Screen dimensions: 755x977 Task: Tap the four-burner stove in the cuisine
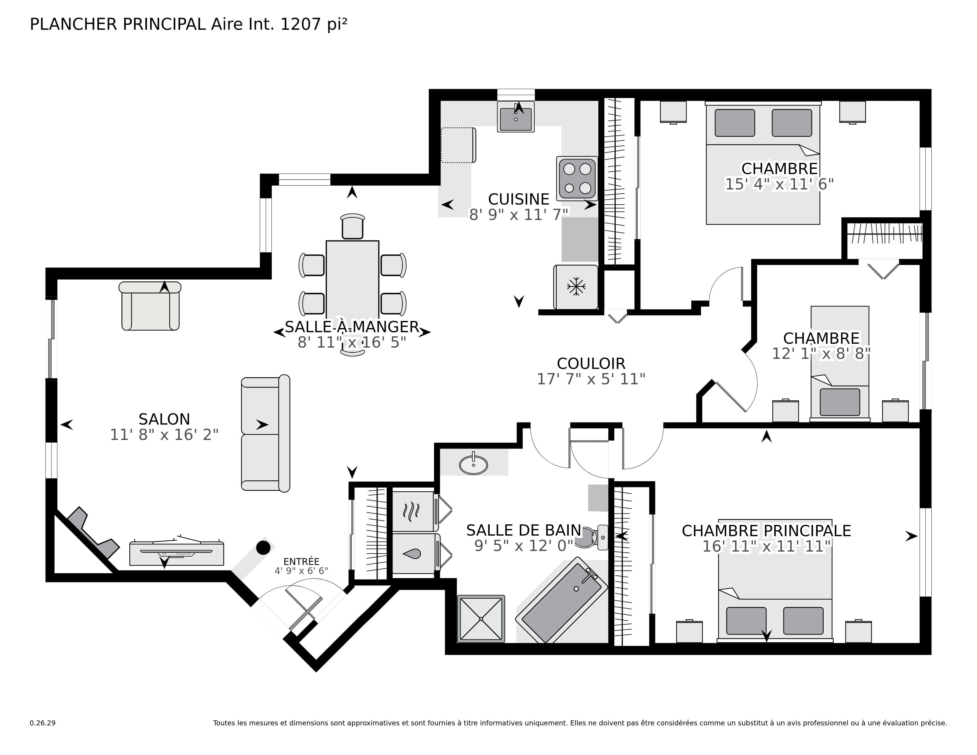(577, 179)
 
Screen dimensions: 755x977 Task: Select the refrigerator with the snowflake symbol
(576, 287)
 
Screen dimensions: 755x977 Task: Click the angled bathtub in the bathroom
(561, 600)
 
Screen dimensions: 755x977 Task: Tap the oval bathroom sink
(473, 465)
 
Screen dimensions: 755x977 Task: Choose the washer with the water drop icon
(413, 554)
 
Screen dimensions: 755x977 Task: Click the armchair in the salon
(150, 308)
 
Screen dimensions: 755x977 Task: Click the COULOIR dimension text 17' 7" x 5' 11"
(591, 379)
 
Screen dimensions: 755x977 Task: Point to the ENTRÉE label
(301, 562)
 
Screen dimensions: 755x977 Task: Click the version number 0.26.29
(43, 723)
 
